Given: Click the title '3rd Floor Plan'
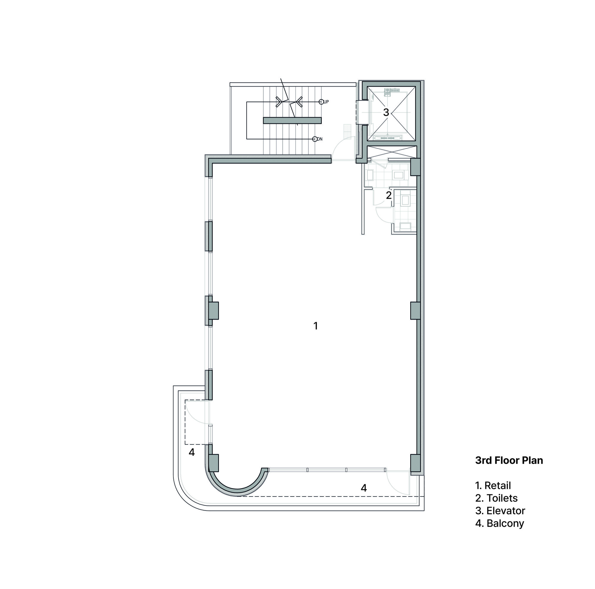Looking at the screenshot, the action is (509, 460).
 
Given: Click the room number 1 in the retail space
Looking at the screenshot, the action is (315, 326).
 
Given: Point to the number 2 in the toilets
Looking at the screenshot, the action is (389, 195).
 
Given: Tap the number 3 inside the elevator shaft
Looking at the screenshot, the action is (386, 112).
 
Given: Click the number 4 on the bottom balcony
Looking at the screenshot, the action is (364, 488).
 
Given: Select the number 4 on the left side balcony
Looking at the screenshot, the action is (192, 452).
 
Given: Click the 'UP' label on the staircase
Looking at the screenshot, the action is (326, 102).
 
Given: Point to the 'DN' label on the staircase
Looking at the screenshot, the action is (320, 139).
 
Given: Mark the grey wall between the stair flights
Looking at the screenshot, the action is (292, 120).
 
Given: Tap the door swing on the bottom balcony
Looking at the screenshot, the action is (398, 483).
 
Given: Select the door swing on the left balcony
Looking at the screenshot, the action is (197, 412).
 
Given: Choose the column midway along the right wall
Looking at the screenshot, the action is (415, 310).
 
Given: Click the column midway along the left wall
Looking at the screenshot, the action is (213, 310).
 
